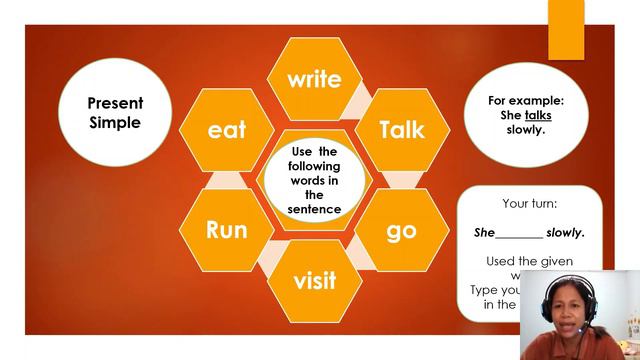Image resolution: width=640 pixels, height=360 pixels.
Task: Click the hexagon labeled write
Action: point(314,79)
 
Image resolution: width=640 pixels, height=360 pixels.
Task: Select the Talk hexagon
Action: point(402,129)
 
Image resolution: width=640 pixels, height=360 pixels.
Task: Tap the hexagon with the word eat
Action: point(226,130)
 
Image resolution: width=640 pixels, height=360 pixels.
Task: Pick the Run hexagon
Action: point(226,229)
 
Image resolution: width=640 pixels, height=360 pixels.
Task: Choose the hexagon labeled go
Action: point(401,229)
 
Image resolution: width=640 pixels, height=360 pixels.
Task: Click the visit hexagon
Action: point(314,279)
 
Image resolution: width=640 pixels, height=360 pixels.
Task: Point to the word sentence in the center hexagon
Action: point(314,209)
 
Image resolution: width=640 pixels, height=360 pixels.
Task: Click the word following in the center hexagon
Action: point(314,166)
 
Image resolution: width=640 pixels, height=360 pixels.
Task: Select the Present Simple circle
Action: point(115,112)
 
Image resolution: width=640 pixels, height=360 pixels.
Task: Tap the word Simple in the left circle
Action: point(115,123)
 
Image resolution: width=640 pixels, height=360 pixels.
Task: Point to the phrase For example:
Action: point(526,101)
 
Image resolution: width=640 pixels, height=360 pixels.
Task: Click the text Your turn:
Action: point(529,203)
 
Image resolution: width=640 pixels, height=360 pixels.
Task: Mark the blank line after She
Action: point(519,234)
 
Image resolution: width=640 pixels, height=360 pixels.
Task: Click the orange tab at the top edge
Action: point(566,28)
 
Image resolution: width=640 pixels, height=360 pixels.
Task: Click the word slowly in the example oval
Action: point(526,129)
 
